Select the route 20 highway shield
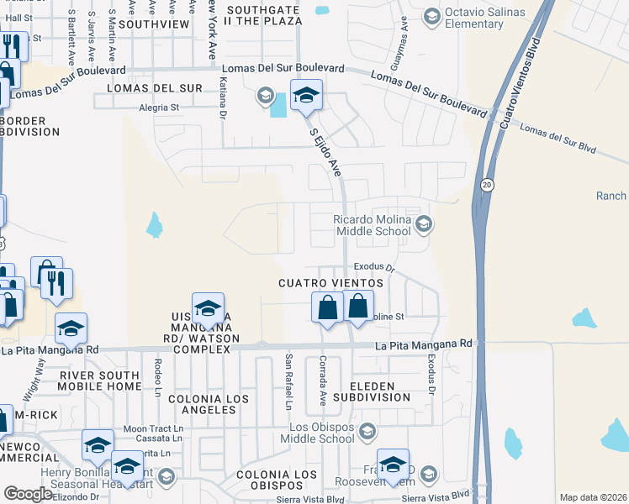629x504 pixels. [488, 184]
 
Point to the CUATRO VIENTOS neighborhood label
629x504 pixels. [331, 284]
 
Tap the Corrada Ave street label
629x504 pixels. [321, 380]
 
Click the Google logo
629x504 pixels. [28, 494]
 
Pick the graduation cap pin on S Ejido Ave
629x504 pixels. [306, 97]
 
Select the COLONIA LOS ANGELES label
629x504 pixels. [202, 403]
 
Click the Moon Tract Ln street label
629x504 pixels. [153, 428]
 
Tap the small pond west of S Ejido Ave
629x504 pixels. [154, 224]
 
